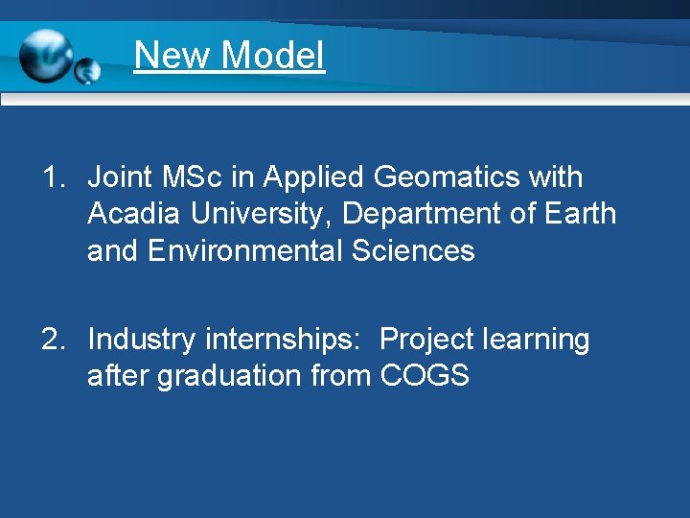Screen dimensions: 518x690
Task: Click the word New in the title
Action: point(172,55)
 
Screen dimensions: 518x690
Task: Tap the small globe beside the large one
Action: point(88,70)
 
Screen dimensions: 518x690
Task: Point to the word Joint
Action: point(120,177)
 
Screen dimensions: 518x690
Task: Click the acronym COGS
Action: point(425,376)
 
